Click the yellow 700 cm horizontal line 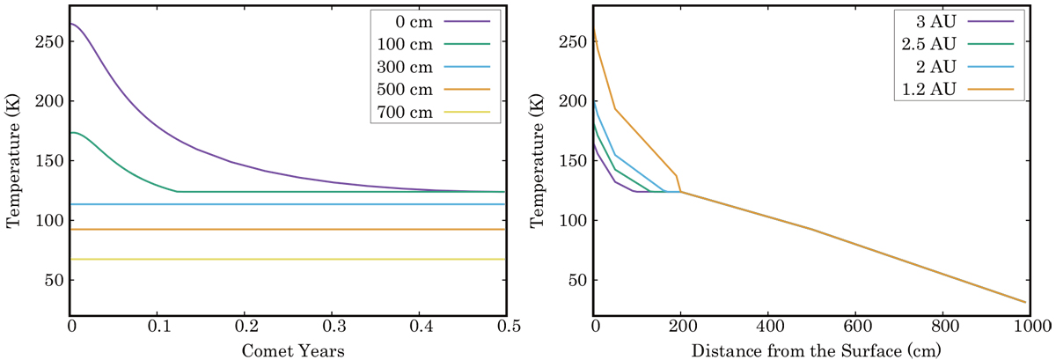click(290, 259)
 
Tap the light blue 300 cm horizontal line click(290, 204)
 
